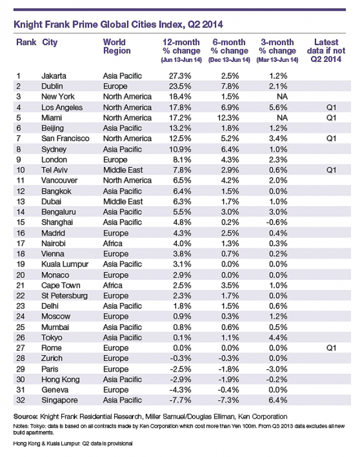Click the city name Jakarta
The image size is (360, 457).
55,76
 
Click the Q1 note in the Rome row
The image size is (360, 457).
331,348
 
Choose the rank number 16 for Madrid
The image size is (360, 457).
19,233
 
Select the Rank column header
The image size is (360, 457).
26,42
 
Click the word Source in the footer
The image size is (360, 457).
26,417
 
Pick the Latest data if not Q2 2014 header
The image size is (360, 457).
326,51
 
